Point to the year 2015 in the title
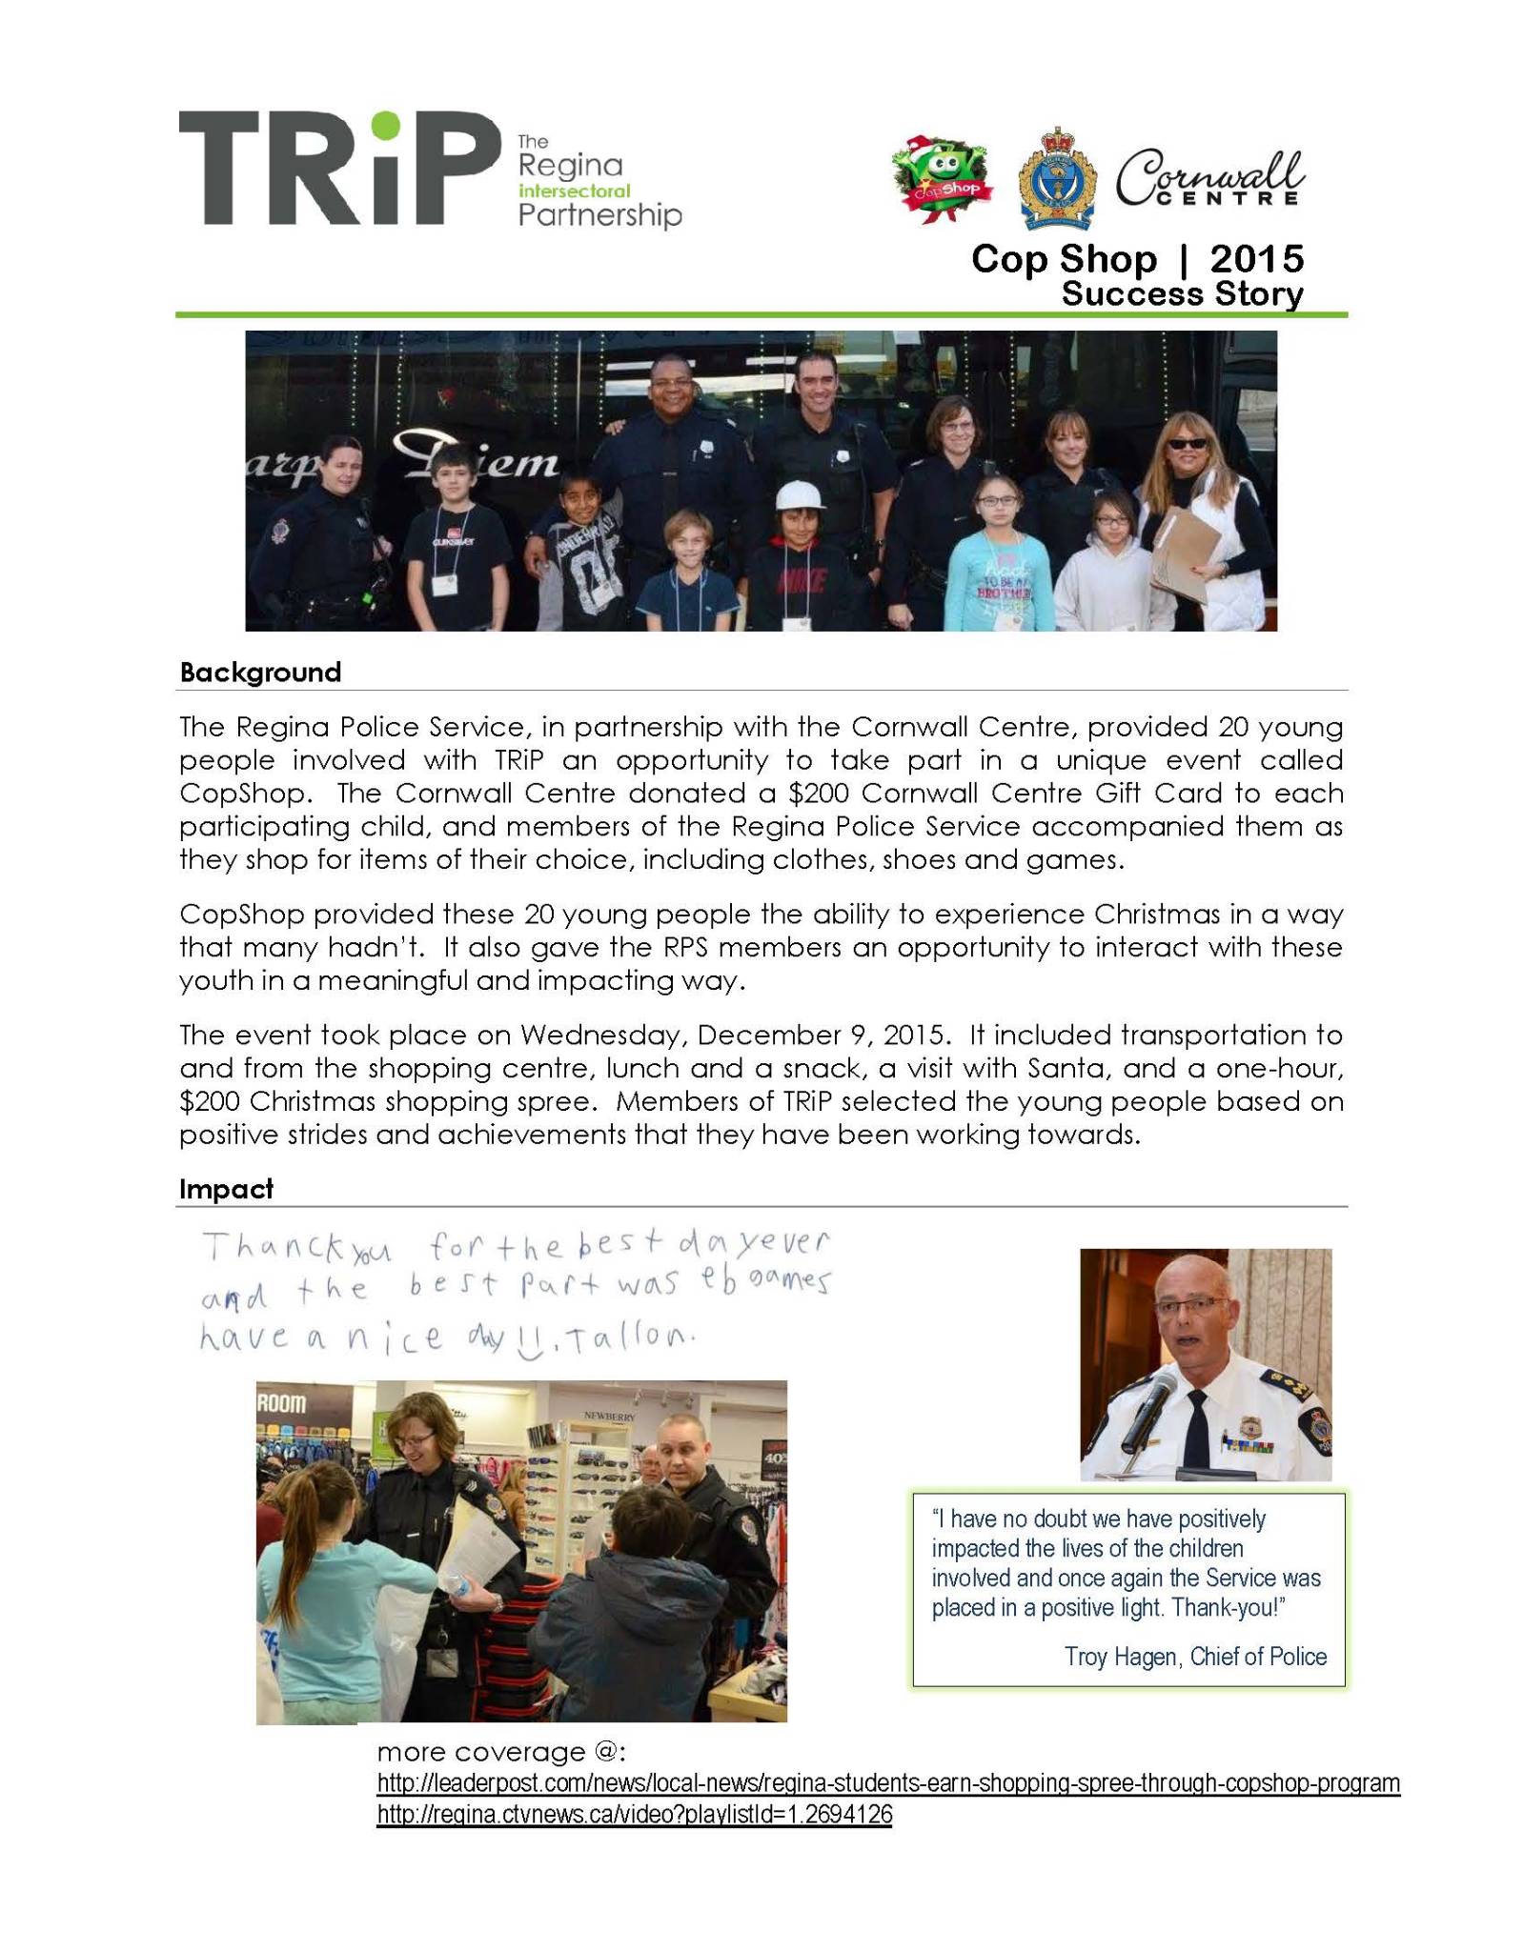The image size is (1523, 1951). [1256, 259]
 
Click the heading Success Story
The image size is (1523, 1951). [1182, 293]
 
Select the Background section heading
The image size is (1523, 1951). [260, 673]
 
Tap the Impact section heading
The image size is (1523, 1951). [226, 1189]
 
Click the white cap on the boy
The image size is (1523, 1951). [797, 495]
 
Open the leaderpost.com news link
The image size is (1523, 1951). [888, 1783]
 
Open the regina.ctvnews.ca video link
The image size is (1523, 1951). [635, 1815]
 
